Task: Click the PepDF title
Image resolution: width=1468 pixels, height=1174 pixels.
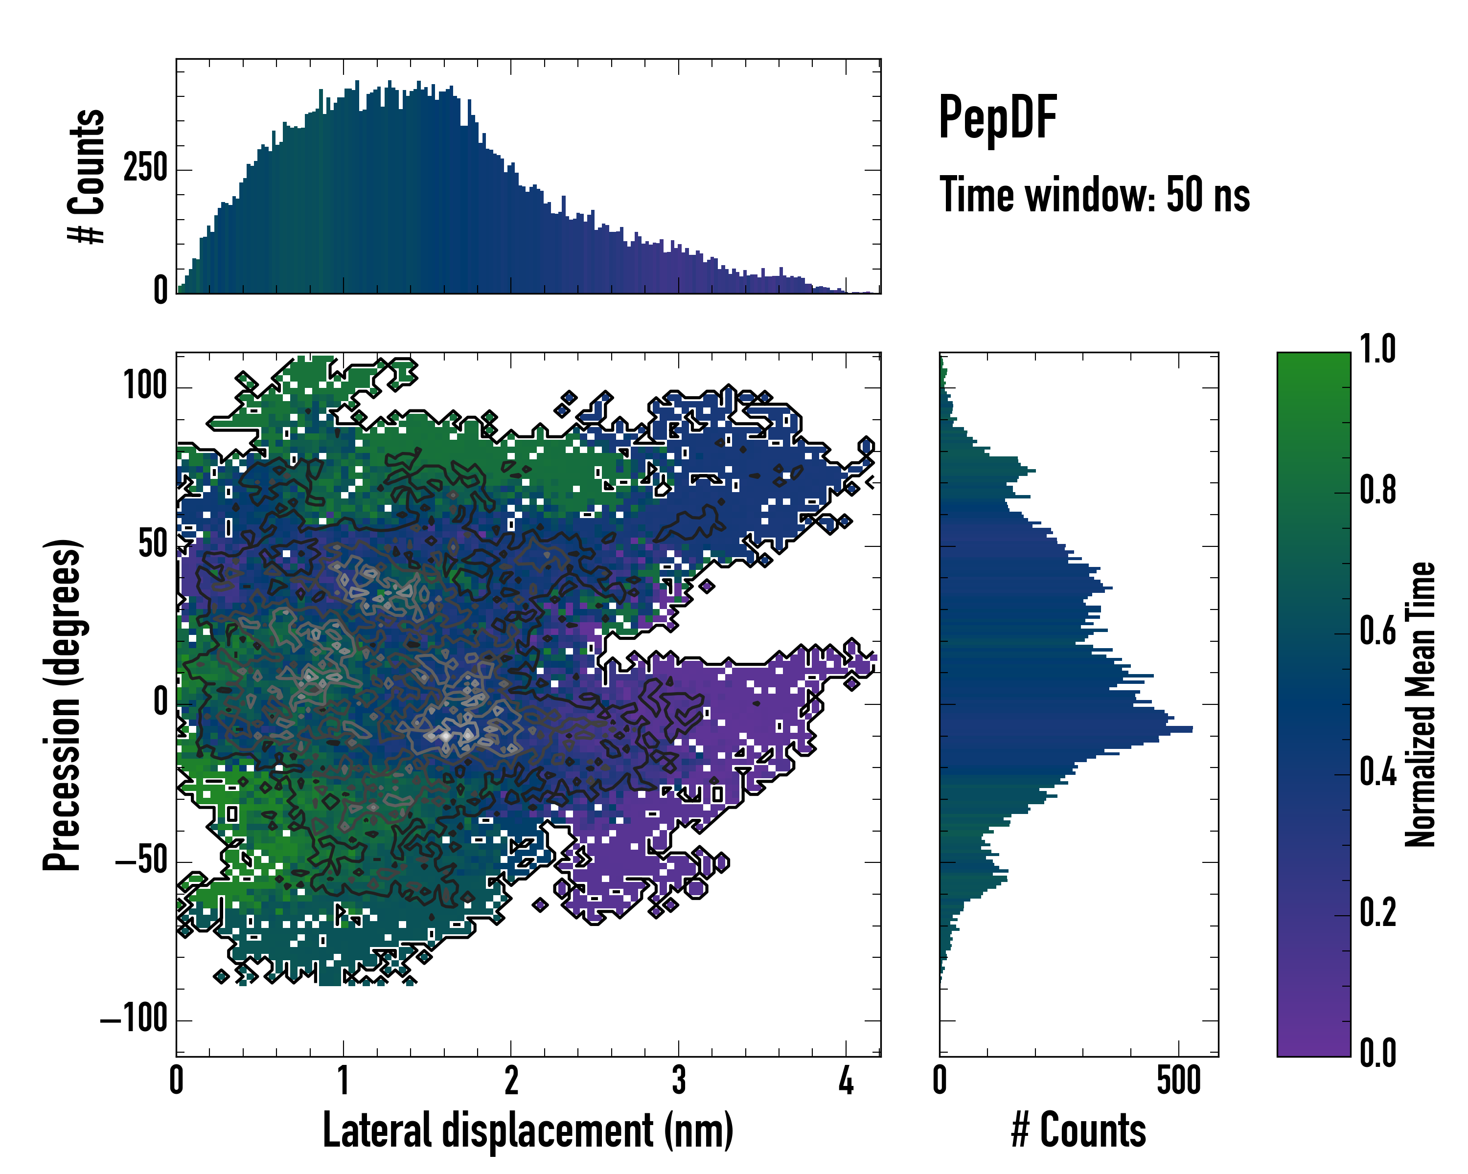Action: [x=997, y=118]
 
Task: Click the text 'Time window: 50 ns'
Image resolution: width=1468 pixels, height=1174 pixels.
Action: [x=1094, y=195]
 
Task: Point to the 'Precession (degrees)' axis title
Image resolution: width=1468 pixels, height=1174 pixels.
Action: [x=63, y=704]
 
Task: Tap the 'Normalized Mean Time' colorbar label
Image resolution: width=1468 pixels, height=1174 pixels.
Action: [x=1421, y=704]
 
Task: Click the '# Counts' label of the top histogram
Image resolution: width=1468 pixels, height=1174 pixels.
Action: [x=87, y=176]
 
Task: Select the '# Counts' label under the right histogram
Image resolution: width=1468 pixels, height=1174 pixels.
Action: [x=1078, y=1130]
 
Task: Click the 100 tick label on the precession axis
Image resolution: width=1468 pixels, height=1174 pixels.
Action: [x=145, y=386]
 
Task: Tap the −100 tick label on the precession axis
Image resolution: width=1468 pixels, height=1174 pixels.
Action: [x=134, y=1019]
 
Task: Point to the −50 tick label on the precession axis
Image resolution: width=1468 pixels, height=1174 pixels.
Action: [x=141, y=861]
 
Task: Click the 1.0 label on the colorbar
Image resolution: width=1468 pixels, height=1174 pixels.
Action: [x=1377, y=349]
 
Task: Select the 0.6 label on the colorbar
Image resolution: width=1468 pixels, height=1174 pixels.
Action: [x=1377, y=631]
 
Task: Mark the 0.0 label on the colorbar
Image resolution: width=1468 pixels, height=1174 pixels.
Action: [x=1377, y=1052]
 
